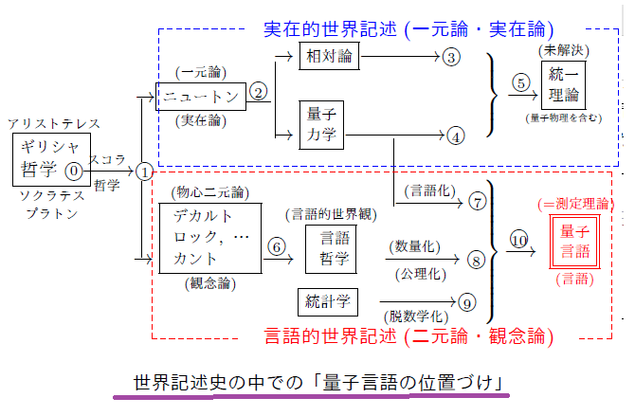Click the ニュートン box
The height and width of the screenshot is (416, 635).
(201, 96)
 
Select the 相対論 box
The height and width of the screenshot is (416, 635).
(328, 57)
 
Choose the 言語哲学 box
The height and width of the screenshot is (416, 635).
(334, 245)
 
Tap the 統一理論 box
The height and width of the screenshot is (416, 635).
(562, 87)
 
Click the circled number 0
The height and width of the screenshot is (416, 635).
(74, 172)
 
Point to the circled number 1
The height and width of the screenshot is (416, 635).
(144, 172)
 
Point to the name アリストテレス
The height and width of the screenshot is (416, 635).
(53, 123)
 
